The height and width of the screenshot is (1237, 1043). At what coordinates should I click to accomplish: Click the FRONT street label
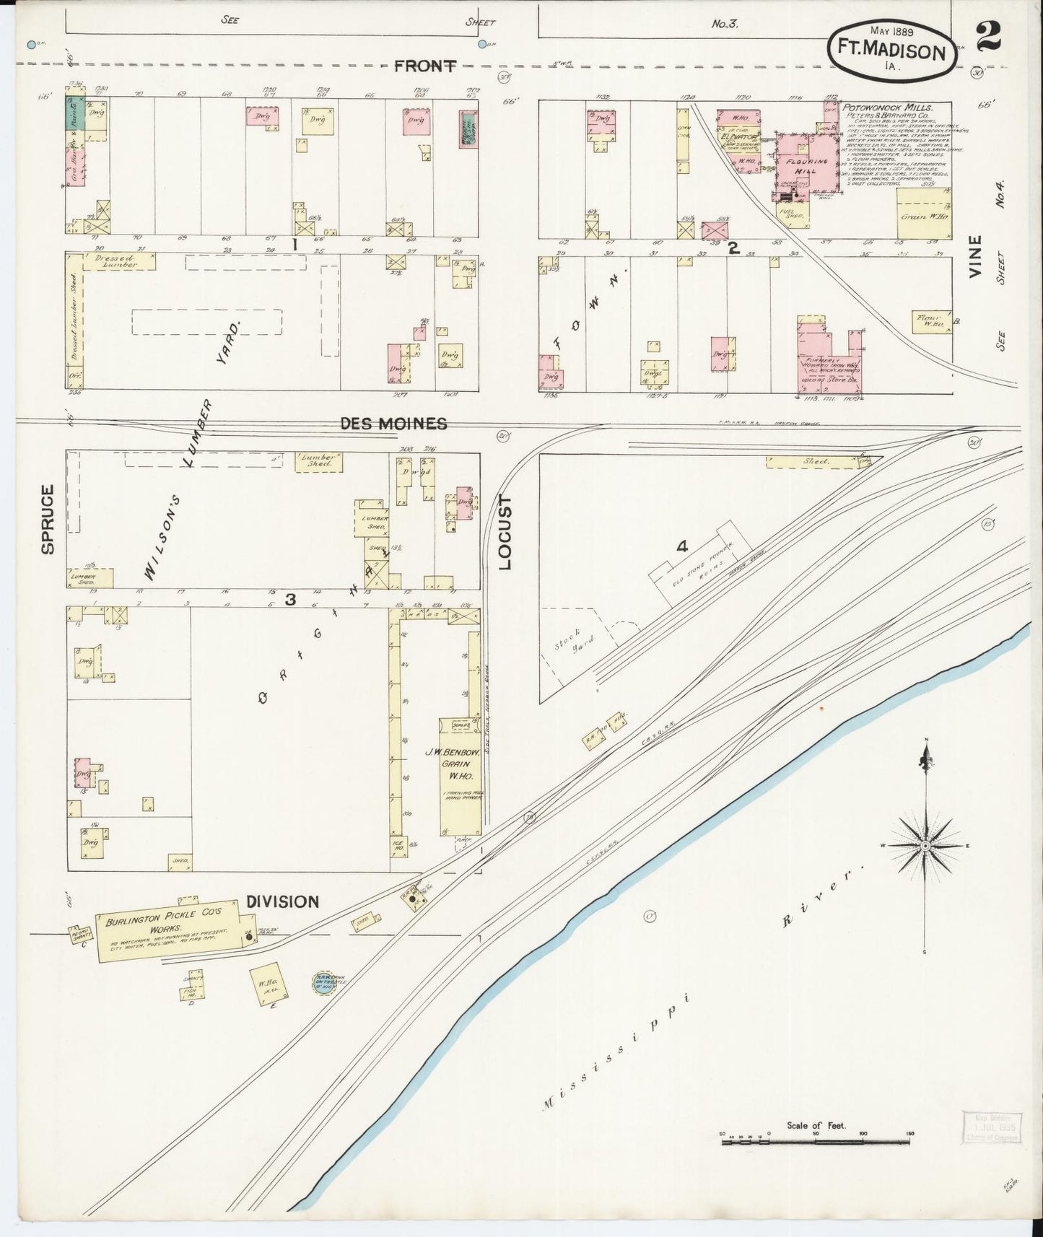(x=424, y=66)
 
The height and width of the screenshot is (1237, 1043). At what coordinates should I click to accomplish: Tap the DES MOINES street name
(x=393, y=424)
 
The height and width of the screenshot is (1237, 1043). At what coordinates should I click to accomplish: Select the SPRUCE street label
(x=48, y=520)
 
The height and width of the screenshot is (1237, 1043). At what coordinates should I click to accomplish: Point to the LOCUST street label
(x=505, y=532)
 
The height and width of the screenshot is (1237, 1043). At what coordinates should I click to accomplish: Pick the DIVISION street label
(x=282, y=901)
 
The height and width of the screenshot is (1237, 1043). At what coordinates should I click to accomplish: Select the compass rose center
(x=925, y=845)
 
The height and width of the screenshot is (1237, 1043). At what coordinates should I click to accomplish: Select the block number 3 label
(x=290, y=599)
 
